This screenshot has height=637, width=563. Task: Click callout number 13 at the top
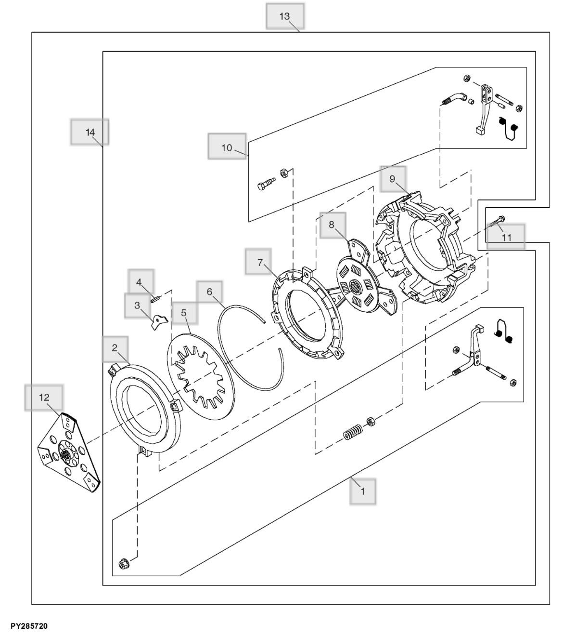(285, 16)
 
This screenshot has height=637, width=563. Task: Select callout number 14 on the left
(90, 133)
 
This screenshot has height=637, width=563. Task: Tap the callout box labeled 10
(227, 147)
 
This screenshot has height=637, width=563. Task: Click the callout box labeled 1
(362, 491)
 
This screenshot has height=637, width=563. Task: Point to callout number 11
(506, 237)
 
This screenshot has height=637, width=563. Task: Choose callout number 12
(44, 398)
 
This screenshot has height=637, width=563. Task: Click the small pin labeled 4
(155, 299)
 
